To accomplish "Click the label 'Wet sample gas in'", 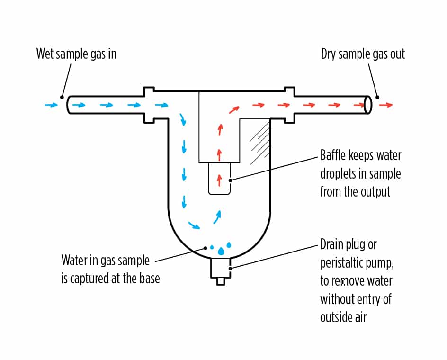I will click(76, 54).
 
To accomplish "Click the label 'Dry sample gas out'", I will click(363, 54).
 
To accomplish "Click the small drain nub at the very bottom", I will click(220, 281).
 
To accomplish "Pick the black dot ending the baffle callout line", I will click(230, 180).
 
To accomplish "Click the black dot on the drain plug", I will click(230, 269).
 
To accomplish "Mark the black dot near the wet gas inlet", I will click(62, 97).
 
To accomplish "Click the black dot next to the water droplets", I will click(205, 247).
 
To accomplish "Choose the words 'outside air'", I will click(343, 317).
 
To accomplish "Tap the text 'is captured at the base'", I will click(110, 278).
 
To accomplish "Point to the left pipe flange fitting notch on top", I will click(149, 89).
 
